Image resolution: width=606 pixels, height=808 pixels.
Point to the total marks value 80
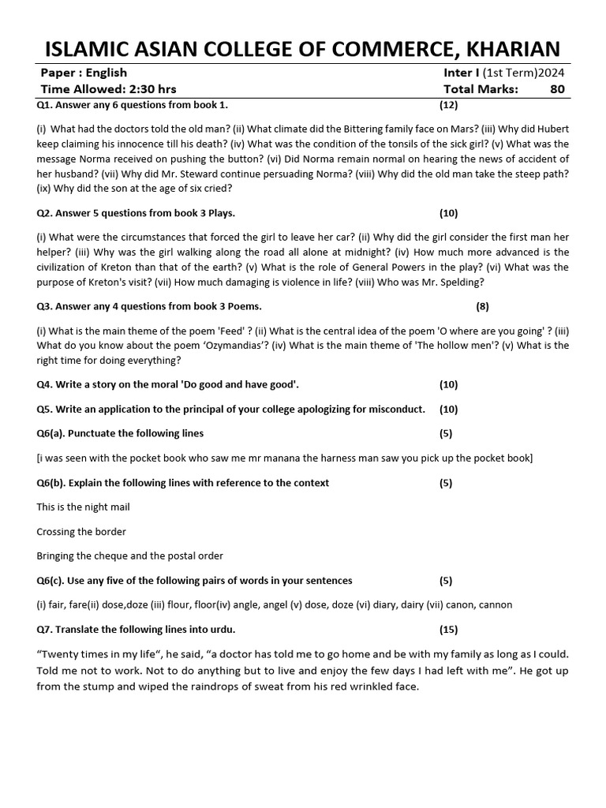557,89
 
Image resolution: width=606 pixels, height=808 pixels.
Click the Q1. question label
45,104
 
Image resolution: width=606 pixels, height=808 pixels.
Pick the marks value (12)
448,104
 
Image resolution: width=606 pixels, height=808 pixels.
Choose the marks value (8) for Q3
483,306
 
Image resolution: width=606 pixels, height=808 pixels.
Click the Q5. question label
45,409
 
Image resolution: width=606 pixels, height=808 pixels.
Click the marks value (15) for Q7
448,629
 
